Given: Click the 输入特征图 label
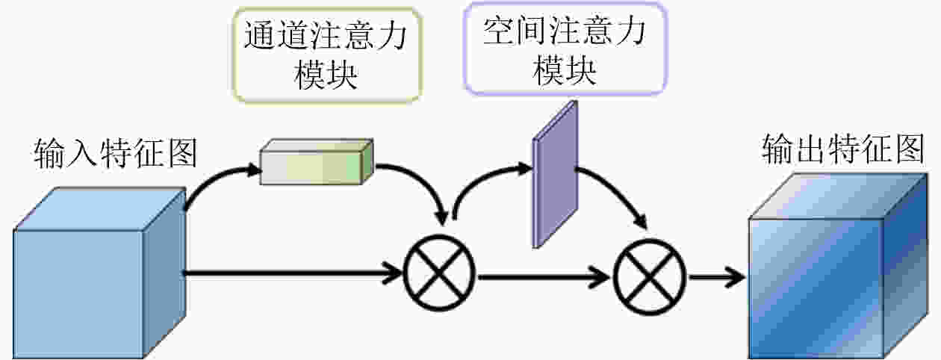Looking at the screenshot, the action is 116,153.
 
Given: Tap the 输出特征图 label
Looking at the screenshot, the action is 843,149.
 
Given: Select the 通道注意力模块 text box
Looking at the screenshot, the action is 327,55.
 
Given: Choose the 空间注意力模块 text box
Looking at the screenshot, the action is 565,49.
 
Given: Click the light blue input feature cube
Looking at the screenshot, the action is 99,273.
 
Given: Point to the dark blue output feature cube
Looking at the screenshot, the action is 838,267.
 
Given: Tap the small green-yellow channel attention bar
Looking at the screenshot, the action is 317,162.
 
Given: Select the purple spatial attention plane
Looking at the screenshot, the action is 555,174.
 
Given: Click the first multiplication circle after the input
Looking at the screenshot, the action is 439,273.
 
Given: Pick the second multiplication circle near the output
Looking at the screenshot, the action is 650,276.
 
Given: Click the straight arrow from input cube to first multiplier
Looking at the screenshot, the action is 293,273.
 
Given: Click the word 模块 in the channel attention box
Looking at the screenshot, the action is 326,75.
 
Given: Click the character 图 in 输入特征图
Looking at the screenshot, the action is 182,153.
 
